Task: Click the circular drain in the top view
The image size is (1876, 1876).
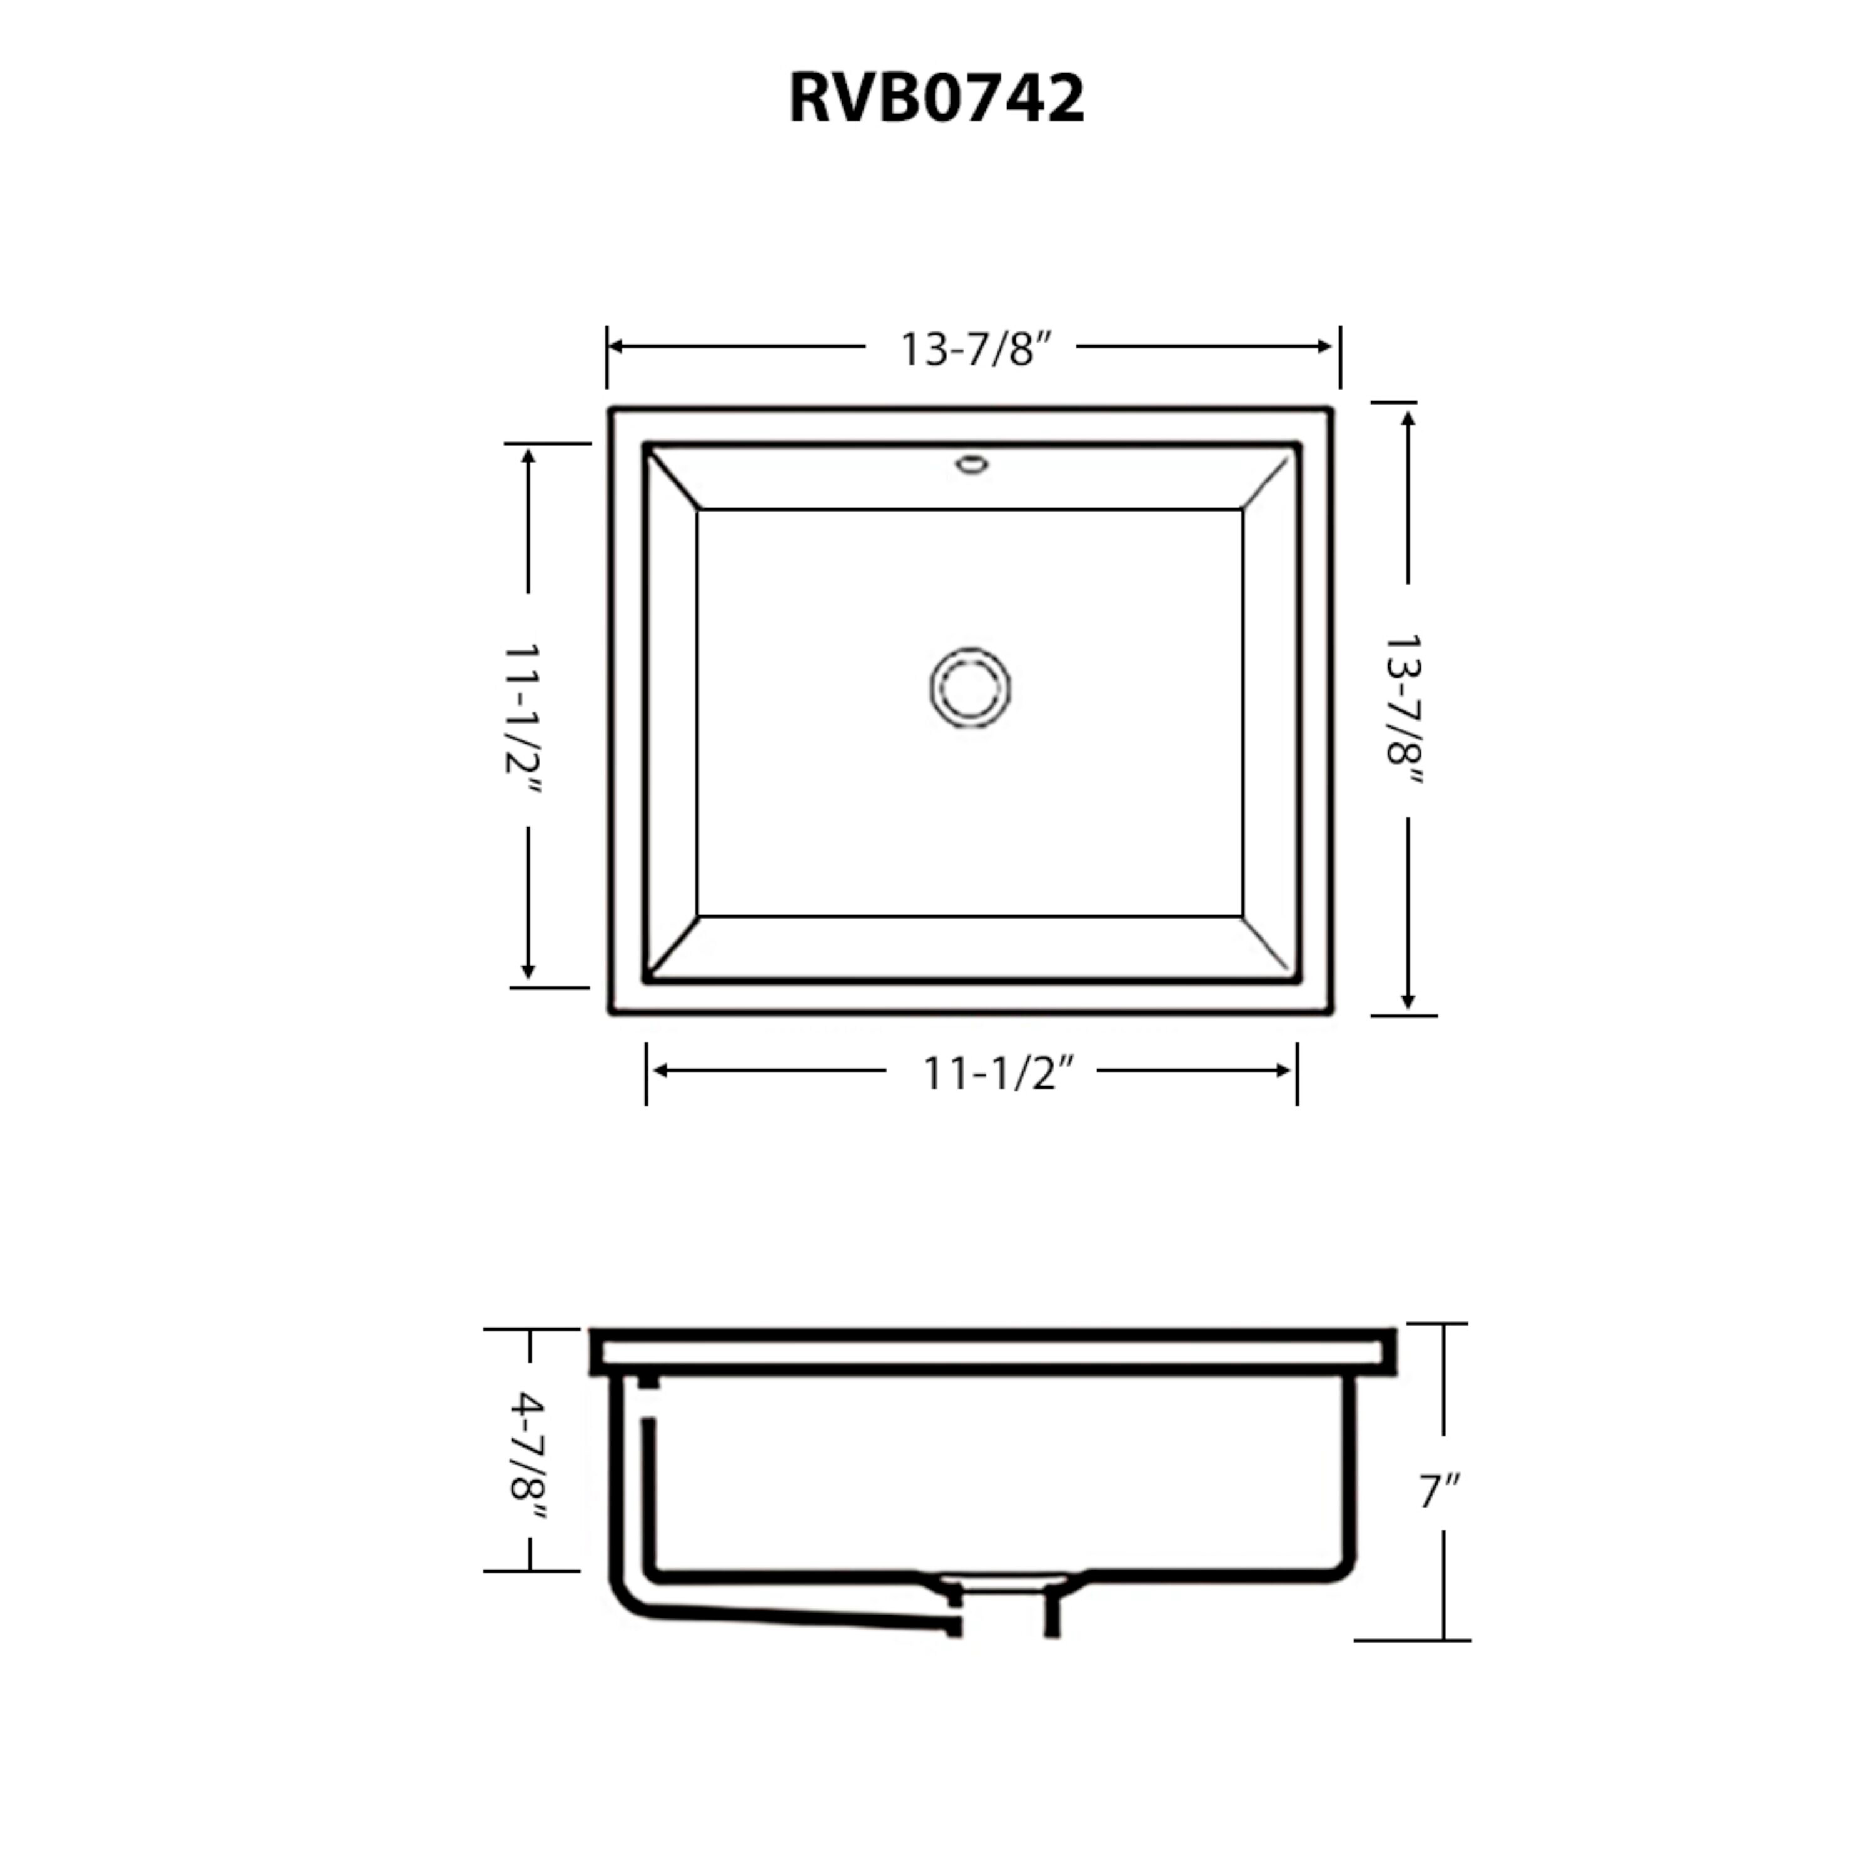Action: click(970, 687)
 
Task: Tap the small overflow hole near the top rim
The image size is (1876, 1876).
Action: click(971, 464)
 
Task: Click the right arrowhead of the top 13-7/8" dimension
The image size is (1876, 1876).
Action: click(1324, 346)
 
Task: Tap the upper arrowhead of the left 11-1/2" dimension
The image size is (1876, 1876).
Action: click(528, 456)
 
